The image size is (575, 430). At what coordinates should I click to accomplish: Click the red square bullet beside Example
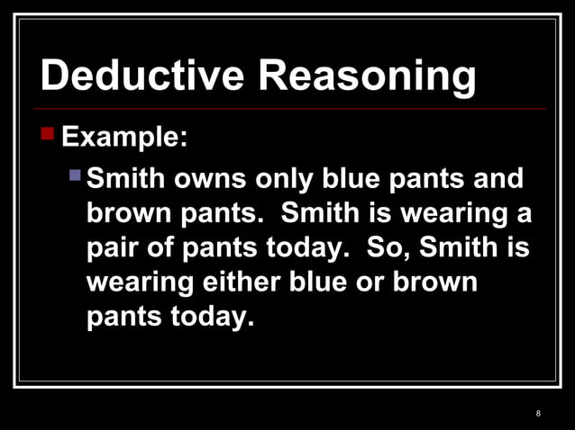(48, 136)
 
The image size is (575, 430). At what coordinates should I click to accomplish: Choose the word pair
(116, 249)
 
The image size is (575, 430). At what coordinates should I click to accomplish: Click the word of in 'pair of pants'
(169, 249)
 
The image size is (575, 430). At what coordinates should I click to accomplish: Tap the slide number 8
(538, 414)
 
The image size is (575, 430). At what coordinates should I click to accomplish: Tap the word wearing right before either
(139, 284)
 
